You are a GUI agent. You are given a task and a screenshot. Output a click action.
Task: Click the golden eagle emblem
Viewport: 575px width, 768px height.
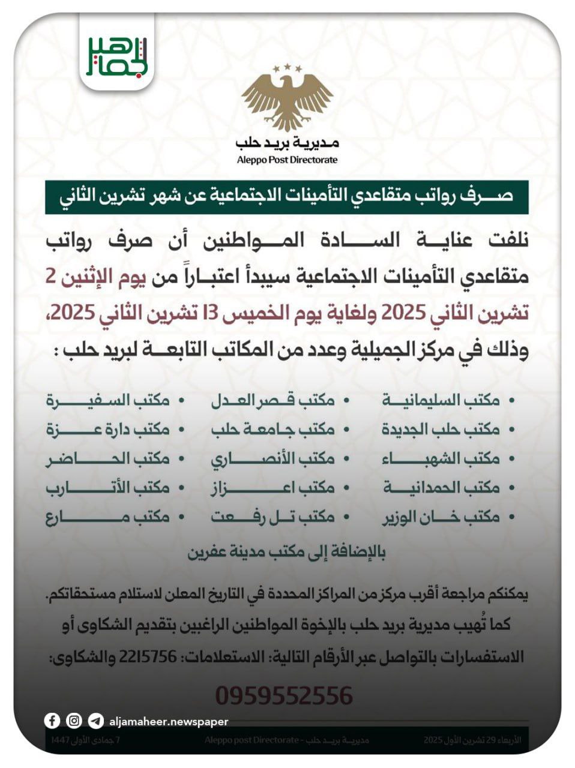[x=287, y=97]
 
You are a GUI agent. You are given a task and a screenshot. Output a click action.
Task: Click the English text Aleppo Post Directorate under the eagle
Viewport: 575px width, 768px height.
[x=287, y=160]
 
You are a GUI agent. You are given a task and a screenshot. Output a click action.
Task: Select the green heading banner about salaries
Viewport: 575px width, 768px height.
[x=287, y=197]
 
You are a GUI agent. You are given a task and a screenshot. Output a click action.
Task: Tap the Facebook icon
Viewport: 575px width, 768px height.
[x=52, y=721]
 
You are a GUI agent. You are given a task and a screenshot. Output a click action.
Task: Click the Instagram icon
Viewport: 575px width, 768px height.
[x=74, y=721]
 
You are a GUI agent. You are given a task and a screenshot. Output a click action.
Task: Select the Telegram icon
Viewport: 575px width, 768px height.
[x=95, y=721]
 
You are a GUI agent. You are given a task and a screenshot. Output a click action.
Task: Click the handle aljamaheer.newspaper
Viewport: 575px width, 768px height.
[x=169, y=721]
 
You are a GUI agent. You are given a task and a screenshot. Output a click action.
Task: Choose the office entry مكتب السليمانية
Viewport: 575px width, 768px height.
[x=441, y=400]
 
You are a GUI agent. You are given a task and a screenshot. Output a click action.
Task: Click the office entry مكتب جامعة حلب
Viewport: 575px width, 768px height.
[x=273, y=430]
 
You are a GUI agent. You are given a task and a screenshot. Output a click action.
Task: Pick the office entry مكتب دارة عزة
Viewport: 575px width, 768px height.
[x=108, y=430]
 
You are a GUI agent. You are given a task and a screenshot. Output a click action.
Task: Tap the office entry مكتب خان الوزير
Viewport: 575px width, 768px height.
[x=441, y=517]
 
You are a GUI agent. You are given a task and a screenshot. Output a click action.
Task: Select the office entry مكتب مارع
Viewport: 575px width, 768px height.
[x=108, y=517]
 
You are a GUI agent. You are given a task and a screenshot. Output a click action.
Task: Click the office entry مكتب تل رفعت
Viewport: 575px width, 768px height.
[x=273, y=517]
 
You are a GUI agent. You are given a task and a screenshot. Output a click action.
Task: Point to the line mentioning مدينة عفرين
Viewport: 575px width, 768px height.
[x=286, y=552]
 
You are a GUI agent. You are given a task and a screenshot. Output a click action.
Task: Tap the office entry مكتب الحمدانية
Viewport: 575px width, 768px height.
[x=441, y=488]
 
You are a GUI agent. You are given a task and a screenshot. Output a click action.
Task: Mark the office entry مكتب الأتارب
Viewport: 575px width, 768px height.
[x=108, y=488]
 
